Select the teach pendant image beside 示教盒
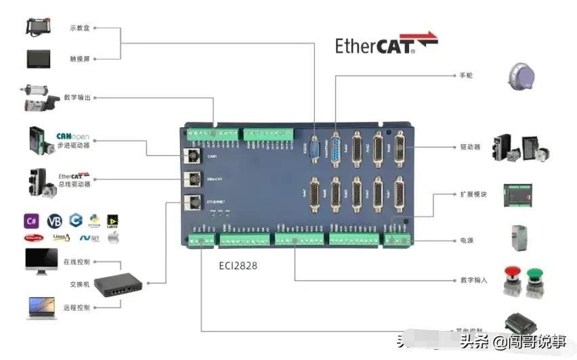click(44, 26)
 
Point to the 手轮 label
click(466, 75)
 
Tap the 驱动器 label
click(470, 147)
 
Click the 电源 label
click(467, 240)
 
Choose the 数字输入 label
click(473, 279)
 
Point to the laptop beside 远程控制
click(42, 308)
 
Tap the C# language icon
click(32, 220)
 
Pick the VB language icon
click(54, 221)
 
